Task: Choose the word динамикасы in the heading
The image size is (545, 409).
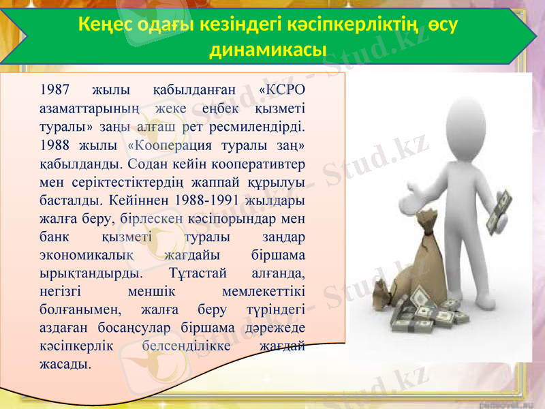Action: coord(268,50)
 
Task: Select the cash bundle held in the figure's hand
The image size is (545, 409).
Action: coord(501,211)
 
